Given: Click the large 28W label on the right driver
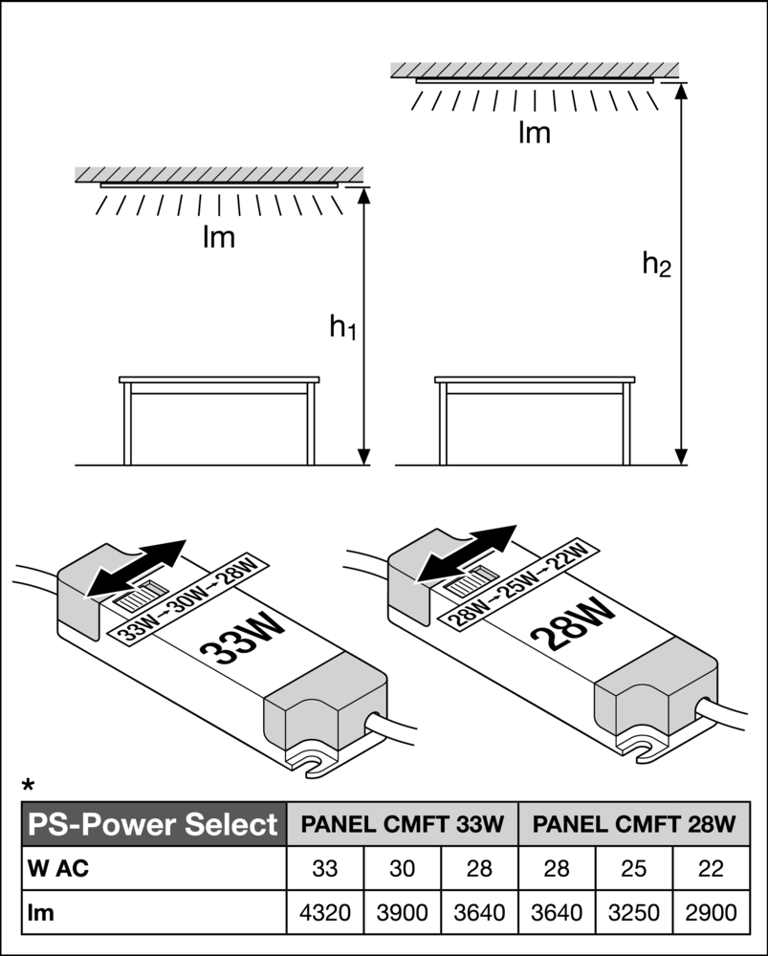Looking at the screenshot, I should [572, 623].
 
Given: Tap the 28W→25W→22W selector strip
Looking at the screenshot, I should [517, 584].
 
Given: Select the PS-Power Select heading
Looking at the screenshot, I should [153, 824].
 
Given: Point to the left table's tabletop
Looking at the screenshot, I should [219, 382].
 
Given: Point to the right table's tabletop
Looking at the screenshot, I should [534, 382].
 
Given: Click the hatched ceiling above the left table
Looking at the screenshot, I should [219, 173].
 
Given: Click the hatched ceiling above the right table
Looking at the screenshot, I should [534, 68].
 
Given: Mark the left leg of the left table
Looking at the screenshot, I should [127, 425].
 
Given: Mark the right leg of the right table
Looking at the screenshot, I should [626, 425].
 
